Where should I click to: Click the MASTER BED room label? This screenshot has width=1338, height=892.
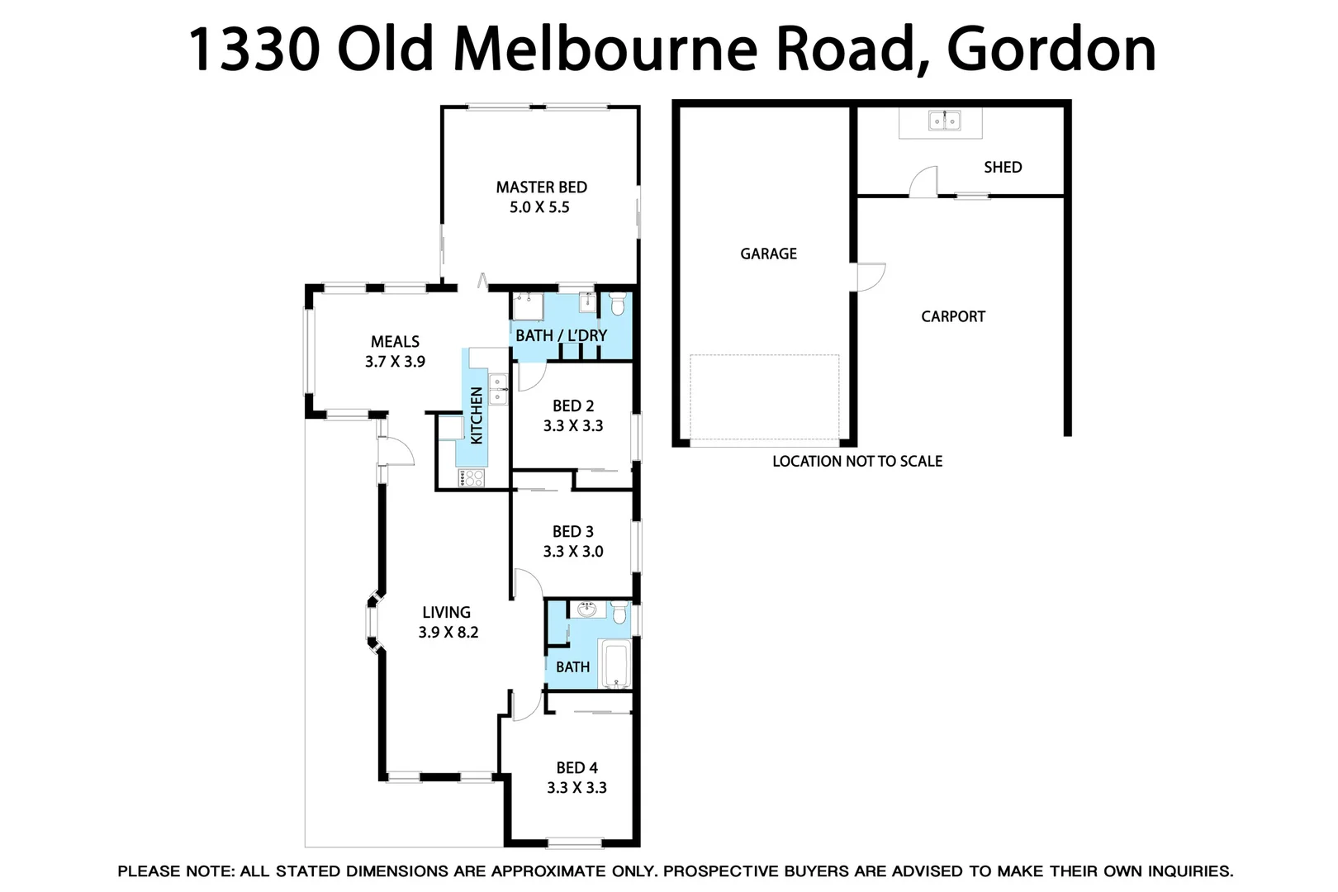click(541, 187)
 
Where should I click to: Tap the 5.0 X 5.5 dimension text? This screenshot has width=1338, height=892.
click(539, 207)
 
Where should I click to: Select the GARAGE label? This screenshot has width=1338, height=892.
click(768, 254)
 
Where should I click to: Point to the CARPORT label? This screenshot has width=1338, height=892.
click(953, 316)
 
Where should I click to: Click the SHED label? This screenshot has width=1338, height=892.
click(1003, 167)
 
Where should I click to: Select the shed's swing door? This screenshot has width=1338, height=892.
click(924, 182)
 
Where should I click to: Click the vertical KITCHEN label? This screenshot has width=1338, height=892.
click(477, 415)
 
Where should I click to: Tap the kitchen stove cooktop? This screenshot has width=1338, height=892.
click(472, 477)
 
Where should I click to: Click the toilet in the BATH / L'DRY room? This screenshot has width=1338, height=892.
click(617, 305)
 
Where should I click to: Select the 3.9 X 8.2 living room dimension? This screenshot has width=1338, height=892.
click(448, 633)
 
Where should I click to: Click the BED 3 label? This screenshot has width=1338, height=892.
click(572, 532)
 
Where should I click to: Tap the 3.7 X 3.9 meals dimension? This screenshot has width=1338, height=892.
click(395, 362)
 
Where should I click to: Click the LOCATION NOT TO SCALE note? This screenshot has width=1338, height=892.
click(857, 462)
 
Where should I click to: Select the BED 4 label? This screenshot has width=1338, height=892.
click(576, 768)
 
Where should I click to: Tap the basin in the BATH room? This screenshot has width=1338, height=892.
click(586, 610)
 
